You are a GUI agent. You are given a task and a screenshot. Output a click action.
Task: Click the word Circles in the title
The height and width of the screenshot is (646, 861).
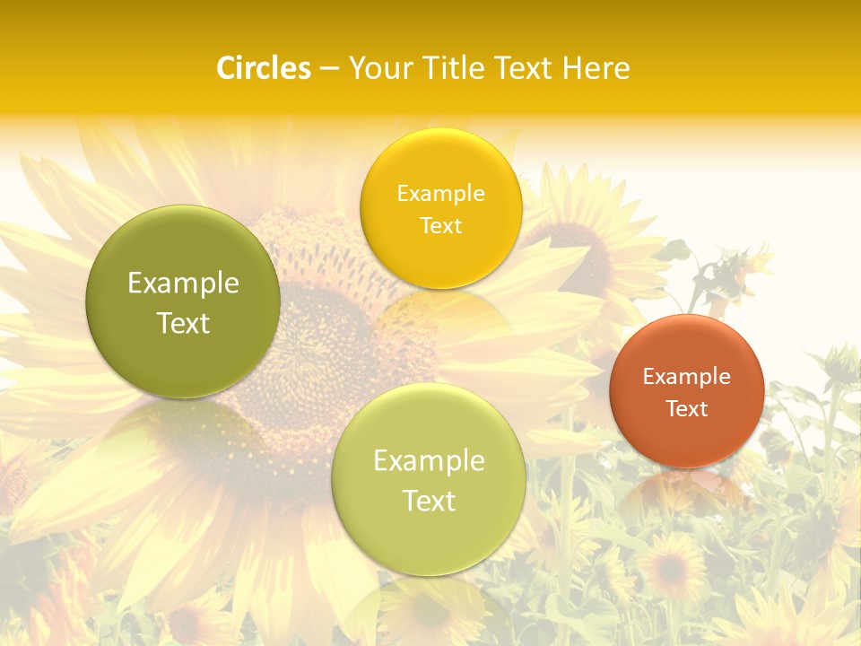264,68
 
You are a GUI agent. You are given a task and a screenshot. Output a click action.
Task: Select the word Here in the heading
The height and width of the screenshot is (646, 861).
596,68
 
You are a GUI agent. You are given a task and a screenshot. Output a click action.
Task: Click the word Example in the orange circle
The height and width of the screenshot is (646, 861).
687,377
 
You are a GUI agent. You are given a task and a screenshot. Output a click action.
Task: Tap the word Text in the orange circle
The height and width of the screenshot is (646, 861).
687,409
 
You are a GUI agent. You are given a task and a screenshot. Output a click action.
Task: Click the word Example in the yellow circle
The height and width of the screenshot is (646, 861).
441,194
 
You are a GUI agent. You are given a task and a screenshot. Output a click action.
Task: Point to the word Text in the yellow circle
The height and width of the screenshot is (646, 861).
441,226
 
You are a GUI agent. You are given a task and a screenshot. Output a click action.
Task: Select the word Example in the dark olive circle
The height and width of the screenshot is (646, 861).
183,284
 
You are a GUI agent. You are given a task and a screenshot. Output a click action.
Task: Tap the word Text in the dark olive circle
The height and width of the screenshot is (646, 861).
183,324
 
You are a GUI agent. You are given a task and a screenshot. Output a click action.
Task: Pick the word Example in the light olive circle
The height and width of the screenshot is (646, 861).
429,461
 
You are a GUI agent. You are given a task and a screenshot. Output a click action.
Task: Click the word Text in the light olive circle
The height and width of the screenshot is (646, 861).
429,502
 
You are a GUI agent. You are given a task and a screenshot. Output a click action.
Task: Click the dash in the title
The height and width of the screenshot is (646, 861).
329,69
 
